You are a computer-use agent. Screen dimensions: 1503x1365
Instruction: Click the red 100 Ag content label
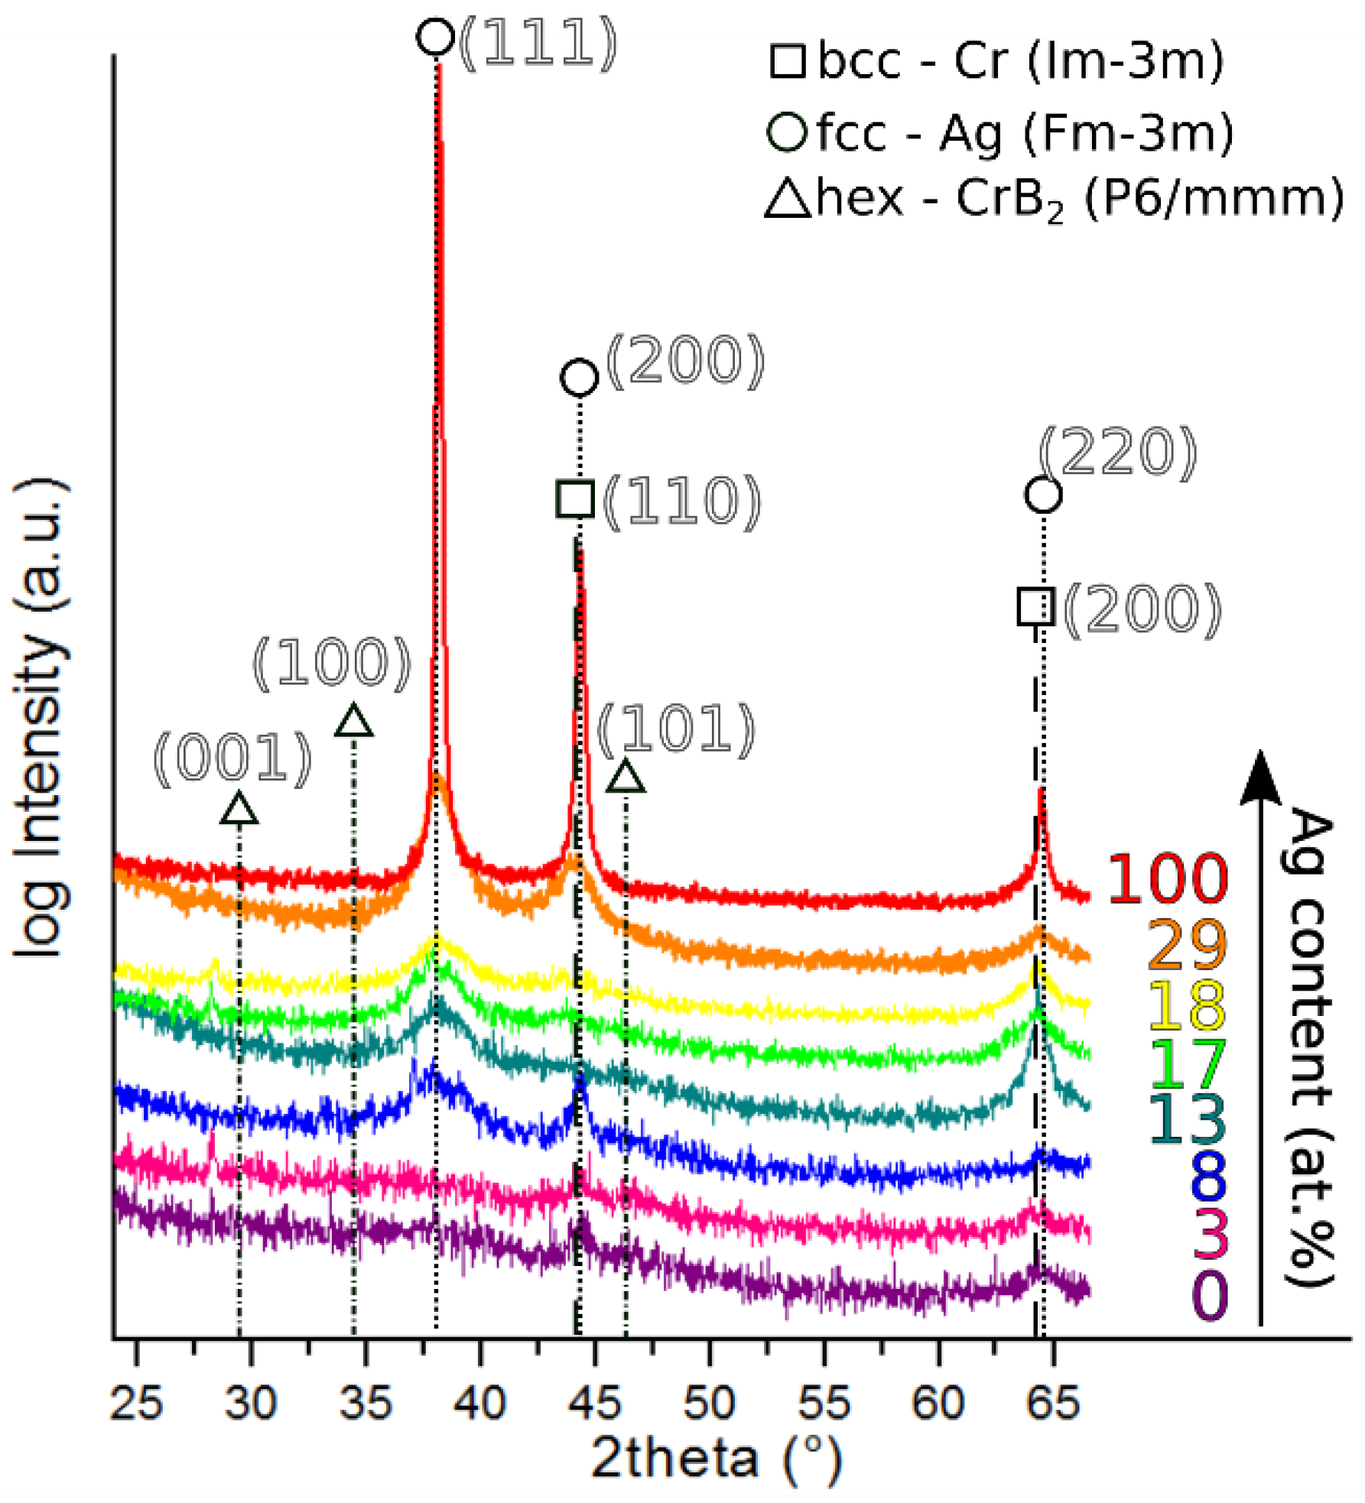[x=1167, y=879]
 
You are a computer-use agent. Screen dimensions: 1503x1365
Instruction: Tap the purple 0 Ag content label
[x=1211, y=1296]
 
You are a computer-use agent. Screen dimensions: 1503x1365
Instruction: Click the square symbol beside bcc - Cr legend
[x=788, y=61]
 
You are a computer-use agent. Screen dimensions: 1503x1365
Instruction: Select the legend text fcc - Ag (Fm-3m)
[x=1025, y=133]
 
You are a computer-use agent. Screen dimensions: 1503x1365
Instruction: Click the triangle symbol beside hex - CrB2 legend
[x=788, y=200]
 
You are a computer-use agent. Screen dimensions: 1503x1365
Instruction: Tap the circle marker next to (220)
[x=1043, y=495]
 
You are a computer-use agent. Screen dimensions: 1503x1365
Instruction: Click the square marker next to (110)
[x=576, y=499]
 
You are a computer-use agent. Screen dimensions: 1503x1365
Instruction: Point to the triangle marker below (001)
[x=239, y=809]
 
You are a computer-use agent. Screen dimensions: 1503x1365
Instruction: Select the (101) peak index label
[x=676, y=729]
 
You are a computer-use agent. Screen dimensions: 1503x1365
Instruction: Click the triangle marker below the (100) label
[x=353, y=722]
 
